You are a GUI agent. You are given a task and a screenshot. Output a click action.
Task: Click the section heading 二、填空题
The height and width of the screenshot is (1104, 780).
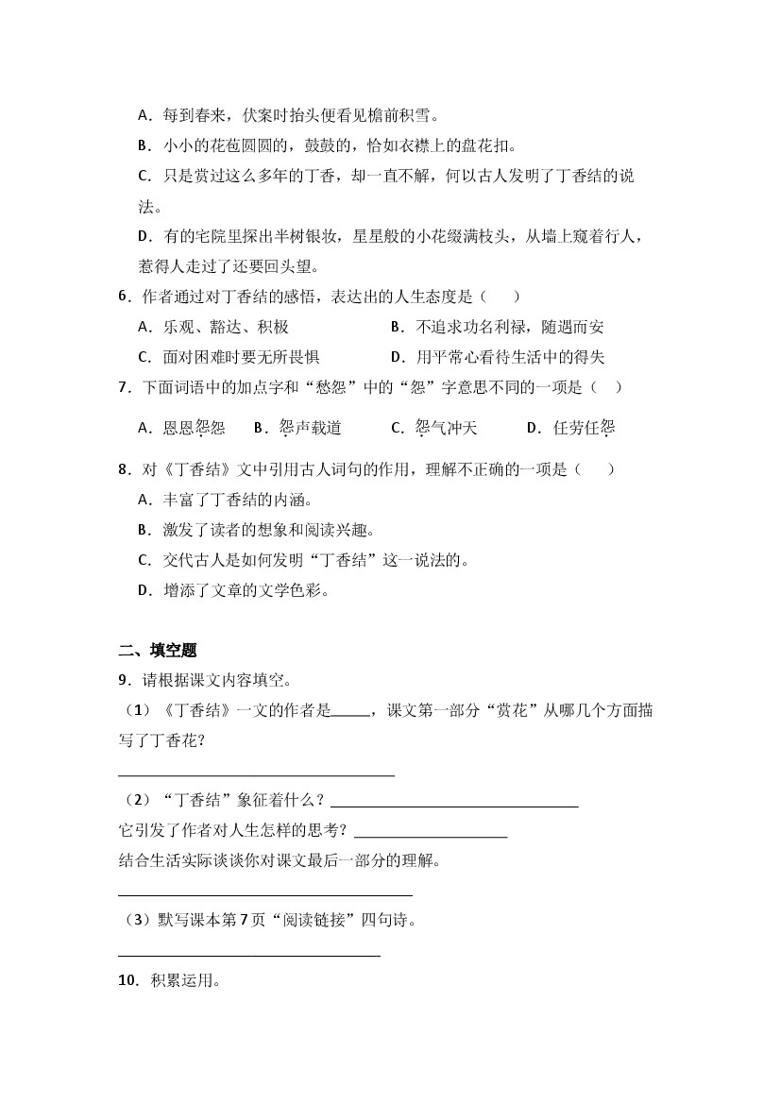coord(158,650)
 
